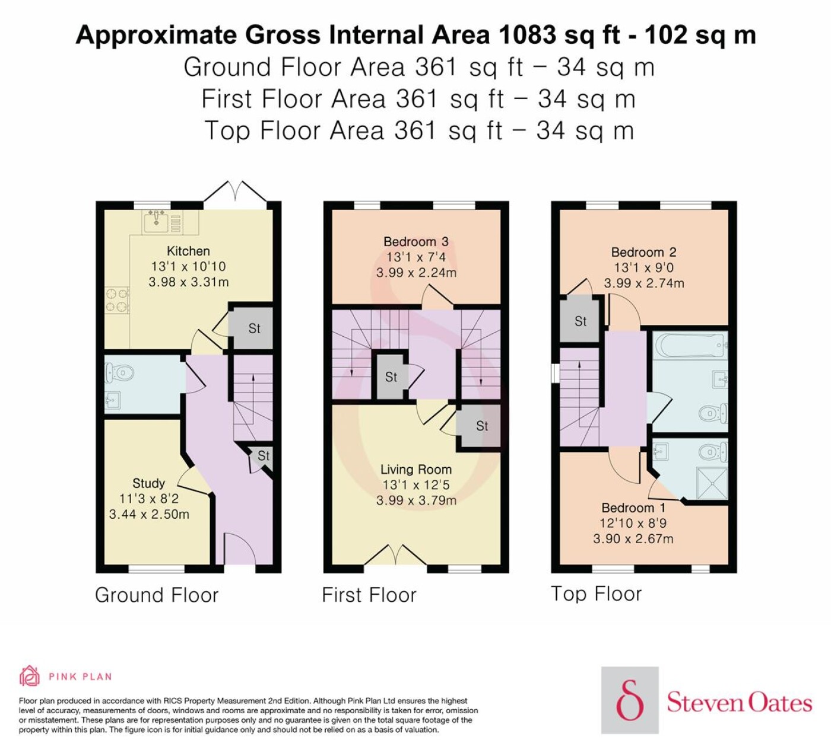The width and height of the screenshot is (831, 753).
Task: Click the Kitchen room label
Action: point(188,251)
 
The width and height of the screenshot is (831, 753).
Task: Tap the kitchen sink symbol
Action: point(156,220)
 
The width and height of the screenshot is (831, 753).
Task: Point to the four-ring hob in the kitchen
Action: point(117,300)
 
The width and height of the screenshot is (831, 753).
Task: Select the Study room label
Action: point(149,483)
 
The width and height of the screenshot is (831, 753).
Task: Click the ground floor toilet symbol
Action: point(120,372)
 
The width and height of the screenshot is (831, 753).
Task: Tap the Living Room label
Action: point(416,470)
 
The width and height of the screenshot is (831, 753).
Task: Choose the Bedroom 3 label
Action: point(416,241)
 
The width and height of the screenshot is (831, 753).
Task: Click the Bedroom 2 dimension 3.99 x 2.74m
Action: point(644,283)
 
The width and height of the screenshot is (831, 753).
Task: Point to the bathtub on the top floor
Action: point(690,346)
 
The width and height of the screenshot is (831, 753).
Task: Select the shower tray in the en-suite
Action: point(712,483)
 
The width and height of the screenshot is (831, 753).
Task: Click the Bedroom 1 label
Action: point(633,508)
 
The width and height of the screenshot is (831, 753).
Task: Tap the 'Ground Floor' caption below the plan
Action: point(157,595)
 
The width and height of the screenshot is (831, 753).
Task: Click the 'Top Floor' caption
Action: point(596,594)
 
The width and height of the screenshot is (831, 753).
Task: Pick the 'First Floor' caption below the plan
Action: point(369,595)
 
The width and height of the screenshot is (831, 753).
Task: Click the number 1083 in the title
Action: point(526,35)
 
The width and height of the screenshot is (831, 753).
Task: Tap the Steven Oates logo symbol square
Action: point(630,700)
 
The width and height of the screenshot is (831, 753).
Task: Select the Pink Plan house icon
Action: point(30,676)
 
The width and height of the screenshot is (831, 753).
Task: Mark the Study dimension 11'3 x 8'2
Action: point(149,499)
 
